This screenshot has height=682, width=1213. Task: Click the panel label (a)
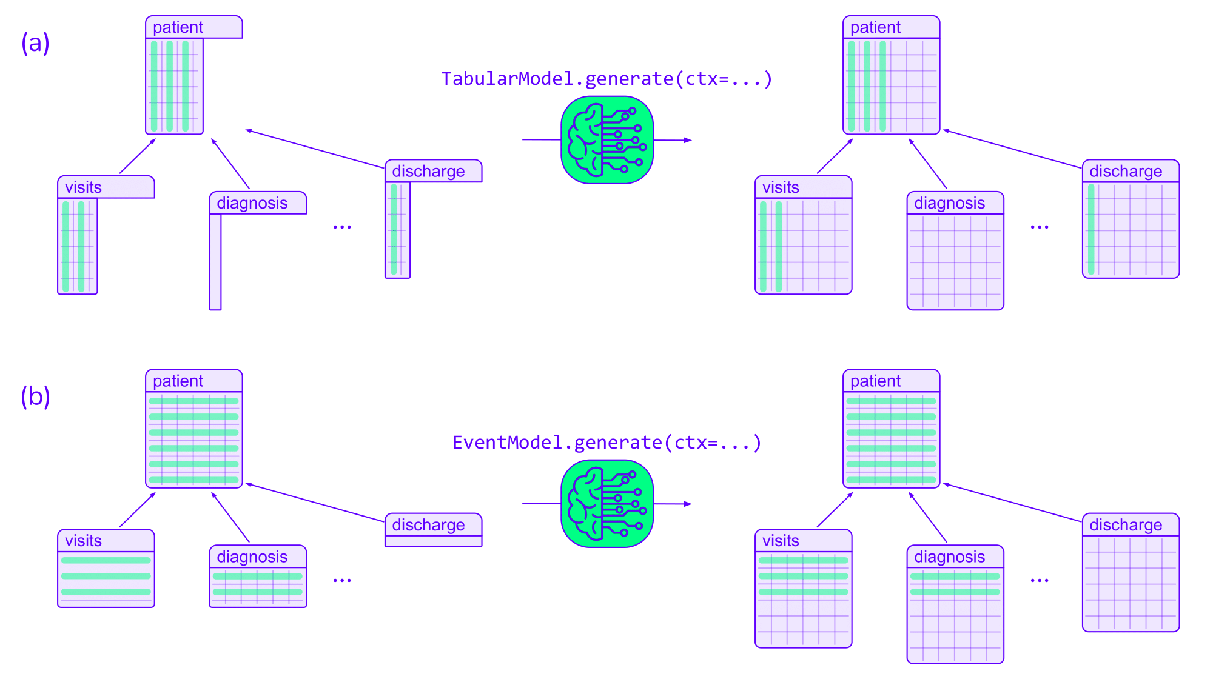[x=35, y=43]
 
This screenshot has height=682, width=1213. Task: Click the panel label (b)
[x=35, y=396]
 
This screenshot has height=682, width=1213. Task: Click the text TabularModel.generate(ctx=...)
[x=606, y=79]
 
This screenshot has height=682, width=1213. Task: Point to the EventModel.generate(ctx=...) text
[x=606, y=443]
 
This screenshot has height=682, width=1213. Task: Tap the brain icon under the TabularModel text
[x=606, y=140]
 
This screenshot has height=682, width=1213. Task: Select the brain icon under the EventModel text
[x=606, y=504]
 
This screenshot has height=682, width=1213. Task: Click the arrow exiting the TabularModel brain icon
[x=673, y=140]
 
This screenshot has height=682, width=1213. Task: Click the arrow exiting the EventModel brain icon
[x=673, y=504]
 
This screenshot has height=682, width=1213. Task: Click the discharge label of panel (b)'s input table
[x=428, y=525]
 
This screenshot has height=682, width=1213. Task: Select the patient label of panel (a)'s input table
[x=178, y=27]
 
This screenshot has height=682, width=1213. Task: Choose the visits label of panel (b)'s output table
[x=781, y=541]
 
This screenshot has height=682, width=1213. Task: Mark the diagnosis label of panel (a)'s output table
[x=949, y=203]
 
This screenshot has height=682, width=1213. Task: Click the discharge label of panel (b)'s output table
[x=1126, y=525]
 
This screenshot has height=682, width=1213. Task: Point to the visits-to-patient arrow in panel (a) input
[x=138, y=156]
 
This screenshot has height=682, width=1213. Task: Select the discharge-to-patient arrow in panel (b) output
[x=1013, y=503]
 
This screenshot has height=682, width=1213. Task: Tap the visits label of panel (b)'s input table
[x=84, y=541]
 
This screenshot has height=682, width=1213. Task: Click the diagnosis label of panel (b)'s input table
[x=252, y=557]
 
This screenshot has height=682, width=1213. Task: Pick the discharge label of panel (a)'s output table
[x=1126, y=172]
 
